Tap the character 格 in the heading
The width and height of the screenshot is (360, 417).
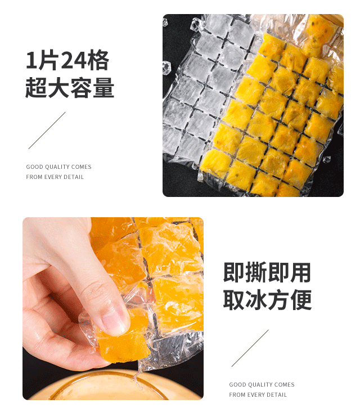pyautogui.click(x=98, y=60)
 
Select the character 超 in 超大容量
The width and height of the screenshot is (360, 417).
pyautogui.click(x=36, y=87)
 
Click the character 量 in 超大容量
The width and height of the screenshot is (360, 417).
pyautogui.click(x=103, y=87)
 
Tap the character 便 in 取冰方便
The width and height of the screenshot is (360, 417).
pyautogui.click(x=301, y=300)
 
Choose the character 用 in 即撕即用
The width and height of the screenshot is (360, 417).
pyautogui.click(x=300, y=272)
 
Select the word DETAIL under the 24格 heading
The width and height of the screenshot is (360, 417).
pyautogui.click(x=74, y=177)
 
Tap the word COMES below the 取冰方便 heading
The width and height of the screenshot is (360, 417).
pyautogui.click(x=285, y=384)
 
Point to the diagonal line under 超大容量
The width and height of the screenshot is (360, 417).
pyautogui.click(x=47, y=131)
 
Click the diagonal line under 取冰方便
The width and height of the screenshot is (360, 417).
pyautogui.click(x=250, y=348)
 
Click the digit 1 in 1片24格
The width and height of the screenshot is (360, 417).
pyautogui.click(x=31, y=61)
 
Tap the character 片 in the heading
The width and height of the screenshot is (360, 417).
pyautogui.click(x=48, y=60)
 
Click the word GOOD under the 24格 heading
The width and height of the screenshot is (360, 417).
pyautogui.click(x=34, y=167)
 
